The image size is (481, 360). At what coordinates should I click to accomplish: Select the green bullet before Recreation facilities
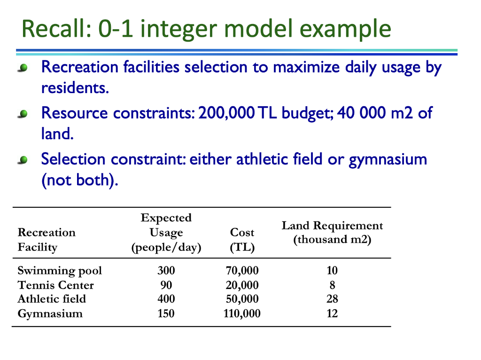pos(22,69)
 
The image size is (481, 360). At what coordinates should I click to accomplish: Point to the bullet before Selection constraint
pos(22,161)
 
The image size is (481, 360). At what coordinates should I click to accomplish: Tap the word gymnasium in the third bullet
pos(388,159)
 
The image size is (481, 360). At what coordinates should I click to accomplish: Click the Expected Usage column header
pos(166,233)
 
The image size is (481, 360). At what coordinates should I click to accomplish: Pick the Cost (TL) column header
pos(242,240)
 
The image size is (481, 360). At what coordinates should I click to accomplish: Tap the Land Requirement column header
pos(332,233)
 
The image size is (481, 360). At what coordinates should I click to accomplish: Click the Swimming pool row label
pos(60,271)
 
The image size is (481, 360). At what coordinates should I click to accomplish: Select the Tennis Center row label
pos(55,285)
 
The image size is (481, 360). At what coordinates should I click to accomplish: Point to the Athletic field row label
pos(52,299)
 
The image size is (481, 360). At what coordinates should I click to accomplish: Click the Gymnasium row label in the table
pos(50,313)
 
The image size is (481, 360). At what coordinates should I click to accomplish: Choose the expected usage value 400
pos(166,299)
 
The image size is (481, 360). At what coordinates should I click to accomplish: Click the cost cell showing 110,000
pos(242,313)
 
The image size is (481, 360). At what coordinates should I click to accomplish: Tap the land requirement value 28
pos(332,299)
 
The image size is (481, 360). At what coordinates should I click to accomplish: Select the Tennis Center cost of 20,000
pos(242,285)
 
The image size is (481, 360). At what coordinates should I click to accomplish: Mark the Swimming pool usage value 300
pos(166,271)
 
